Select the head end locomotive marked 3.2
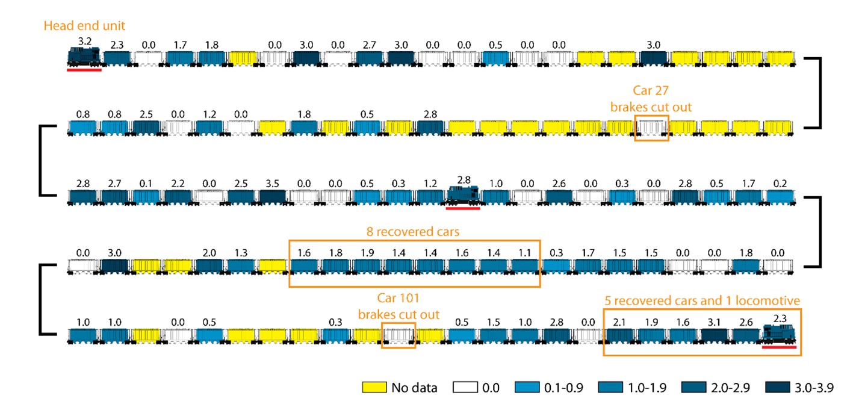pyautogui.click(x=84, y=57)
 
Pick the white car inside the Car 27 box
pyautogui.click(x=652, y=127)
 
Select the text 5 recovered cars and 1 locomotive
pyautogui.click(x=702, y=300)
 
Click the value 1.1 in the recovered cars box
pyautogui.click(x=524, y=252)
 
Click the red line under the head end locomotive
pyautogui.click(x=84, y=70)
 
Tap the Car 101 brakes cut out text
pyautogui.click(x=398, y=306)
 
